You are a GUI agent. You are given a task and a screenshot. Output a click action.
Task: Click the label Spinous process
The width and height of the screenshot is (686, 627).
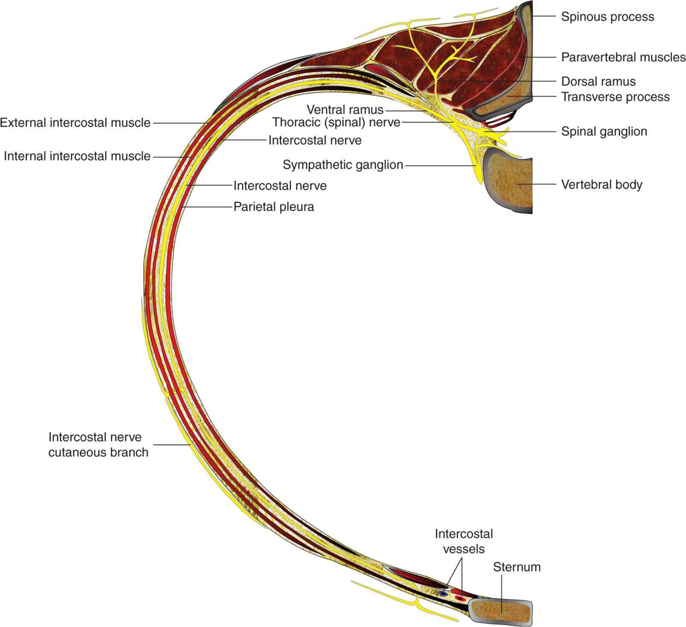(x=607, y=17)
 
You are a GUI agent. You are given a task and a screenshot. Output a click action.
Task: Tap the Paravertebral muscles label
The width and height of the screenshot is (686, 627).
(x=623, y=57)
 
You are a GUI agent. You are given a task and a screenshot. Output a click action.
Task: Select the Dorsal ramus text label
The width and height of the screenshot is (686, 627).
(x=598, y=81)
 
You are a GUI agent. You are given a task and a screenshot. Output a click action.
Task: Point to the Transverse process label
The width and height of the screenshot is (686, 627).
(x=615, y=97)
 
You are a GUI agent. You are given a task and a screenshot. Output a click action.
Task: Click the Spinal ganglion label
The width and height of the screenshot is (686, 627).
(x=604, y=131)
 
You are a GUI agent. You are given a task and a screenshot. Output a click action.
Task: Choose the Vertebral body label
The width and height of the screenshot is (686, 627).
(x=602, y=185)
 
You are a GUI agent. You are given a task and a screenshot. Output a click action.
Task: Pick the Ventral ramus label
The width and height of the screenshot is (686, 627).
(x=345, y=109)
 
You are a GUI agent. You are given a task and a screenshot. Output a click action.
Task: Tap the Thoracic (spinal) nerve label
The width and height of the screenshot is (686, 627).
(x=336, y=122)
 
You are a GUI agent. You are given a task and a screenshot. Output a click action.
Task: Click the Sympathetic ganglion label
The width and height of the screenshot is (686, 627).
(x=343, y=165)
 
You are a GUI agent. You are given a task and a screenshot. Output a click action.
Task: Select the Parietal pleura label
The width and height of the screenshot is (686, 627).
(x=274, y=207)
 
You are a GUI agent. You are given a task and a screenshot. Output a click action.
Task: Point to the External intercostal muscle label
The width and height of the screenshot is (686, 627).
(x=75, y=123)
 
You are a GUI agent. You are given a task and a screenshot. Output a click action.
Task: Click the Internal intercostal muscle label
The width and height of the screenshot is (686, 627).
(x=77, y=156)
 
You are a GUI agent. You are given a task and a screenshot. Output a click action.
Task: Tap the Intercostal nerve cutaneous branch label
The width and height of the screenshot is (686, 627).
(x=98, y=445)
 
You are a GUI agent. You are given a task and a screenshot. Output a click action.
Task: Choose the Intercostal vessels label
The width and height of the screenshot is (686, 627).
(x=464, y=542)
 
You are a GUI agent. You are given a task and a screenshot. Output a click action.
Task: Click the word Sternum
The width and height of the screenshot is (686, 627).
(x=517, y=567)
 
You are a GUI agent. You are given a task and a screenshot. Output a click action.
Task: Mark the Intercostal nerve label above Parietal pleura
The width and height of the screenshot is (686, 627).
(x=280, y=186)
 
